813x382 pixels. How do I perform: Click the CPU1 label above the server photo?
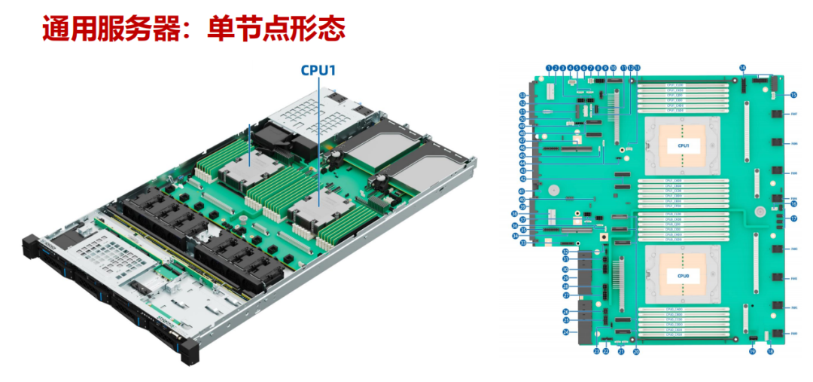coord(318,70)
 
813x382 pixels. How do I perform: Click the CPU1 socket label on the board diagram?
coord(683,145)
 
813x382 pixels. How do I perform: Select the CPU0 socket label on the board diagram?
coord(683,277)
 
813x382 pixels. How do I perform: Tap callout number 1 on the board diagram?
coord(549,68)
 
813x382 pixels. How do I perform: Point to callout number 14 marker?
coord(742,68)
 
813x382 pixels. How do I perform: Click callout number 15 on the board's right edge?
coord(793,95)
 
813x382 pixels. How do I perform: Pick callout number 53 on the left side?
coord(522,95)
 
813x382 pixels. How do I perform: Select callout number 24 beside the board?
coord(565,332)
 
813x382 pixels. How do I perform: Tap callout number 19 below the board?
coord(752,351)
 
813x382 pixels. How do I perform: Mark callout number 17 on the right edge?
coord(793,219)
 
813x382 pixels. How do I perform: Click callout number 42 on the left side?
coord(522,179)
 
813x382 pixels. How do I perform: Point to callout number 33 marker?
coord(522,243)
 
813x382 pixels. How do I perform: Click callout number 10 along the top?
coord(613,68)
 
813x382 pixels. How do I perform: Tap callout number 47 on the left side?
coord(522,140)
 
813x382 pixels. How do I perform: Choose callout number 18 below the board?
coord(770,351)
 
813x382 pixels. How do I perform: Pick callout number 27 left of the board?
coord(565,295)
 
